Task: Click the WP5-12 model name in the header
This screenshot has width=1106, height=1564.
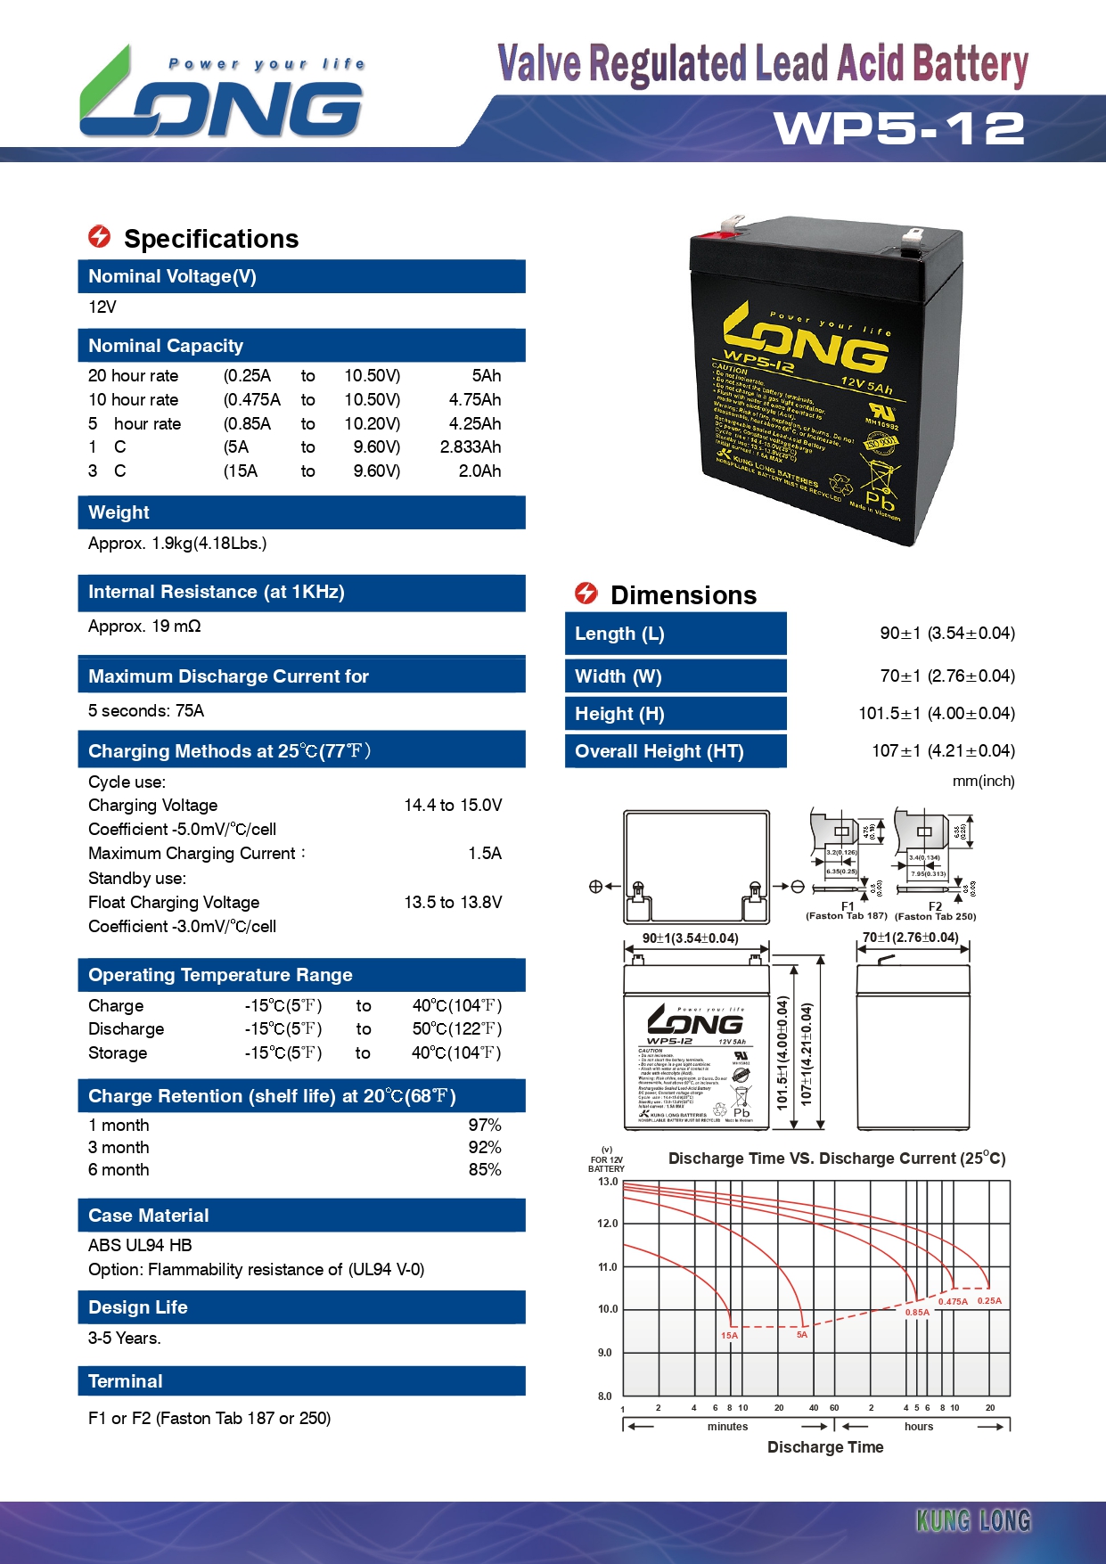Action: pos(898,128)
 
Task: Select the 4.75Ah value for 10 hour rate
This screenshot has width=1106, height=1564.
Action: pos(474,400)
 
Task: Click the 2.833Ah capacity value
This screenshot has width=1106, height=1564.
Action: pos(470,447)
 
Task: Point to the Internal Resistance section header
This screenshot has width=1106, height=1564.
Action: pos(217,593)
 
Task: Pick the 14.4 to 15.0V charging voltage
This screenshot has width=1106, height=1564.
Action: pos(453,806)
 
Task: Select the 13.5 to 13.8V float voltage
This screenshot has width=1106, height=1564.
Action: pos(453,903)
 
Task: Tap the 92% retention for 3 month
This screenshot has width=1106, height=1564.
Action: pos(485,1148)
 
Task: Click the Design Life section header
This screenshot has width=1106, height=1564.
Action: pos(138,1307)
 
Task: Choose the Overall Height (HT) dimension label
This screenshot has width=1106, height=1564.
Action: pos(660,751)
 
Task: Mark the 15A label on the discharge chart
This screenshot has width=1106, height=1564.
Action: pos(729,1335)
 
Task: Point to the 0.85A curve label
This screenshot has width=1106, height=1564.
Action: pos(917,1312)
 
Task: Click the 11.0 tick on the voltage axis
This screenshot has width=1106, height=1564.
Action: pos(607,1266)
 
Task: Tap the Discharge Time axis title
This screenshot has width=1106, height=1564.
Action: pos(825,1447)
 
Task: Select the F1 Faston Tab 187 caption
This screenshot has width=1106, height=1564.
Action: pos(847,912)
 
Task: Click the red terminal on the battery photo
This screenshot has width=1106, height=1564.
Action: pos(708,236)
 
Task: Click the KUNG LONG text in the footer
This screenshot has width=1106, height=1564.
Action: pos(973,1520)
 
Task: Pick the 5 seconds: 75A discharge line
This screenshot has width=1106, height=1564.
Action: pos(146,711)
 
